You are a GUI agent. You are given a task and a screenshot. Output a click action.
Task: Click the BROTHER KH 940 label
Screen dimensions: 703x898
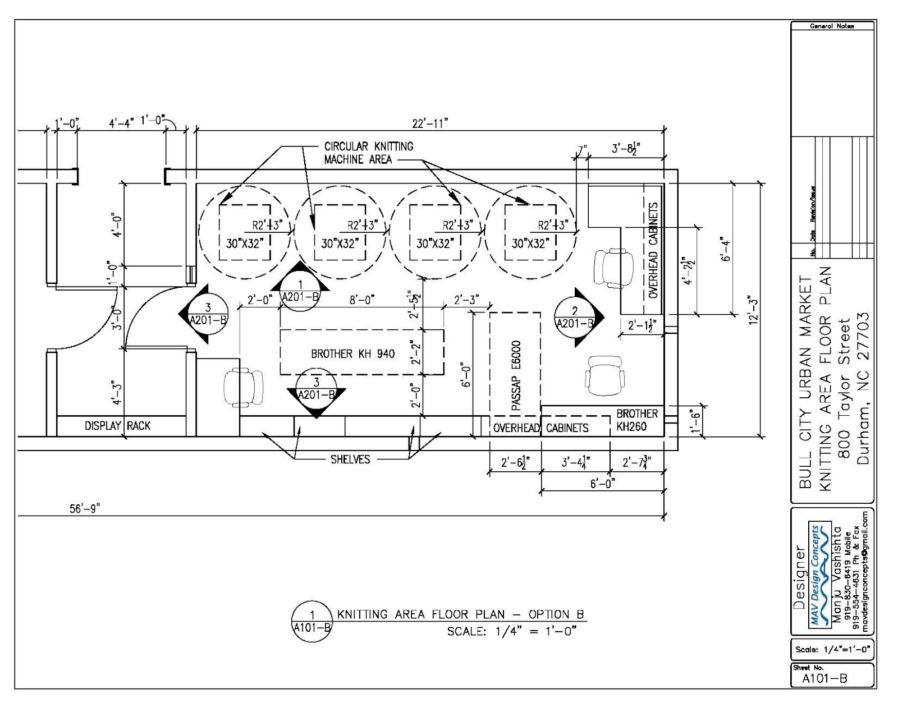[x=352, y=354]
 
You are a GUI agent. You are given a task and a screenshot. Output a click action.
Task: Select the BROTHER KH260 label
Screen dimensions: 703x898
[x=636, y=420]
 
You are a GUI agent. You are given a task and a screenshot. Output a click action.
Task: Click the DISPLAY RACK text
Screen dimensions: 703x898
[x=117, y=426]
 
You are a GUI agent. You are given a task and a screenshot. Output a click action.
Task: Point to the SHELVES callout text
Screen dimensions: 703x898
[x=350, y=460]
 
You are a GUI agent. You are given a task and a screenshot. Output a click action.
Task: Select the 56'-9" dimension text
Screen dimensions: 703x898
[x=84, y=509]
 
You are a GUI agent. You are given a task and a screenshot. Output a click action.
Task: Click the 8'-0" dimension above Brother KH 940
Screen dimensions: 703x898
[x=361, y=300]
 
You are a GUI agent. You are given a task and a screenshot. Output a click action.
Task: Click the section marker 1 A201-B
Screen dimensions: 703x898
[x=300, y=291]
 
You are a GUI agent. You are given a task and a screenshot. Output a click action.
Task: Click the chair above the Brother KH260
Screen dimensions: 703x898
[x=606, y=374]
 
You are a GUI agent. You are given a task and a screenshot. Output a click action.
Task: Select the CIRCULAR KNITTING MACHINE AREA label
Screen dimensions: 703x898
[x=368, y=153]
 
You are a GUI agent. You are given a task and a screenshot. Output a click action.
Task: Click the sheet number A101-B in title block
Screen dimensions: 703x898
[x=824, y=678]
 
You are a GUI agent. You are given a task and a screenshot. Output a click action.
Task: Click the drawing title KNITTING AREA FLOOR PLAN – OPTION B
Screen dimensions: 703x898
[x=460, y=614]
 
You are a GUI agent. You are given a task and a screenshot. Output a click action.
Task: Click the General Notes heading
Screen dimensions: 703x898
[x=832, y=26]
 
